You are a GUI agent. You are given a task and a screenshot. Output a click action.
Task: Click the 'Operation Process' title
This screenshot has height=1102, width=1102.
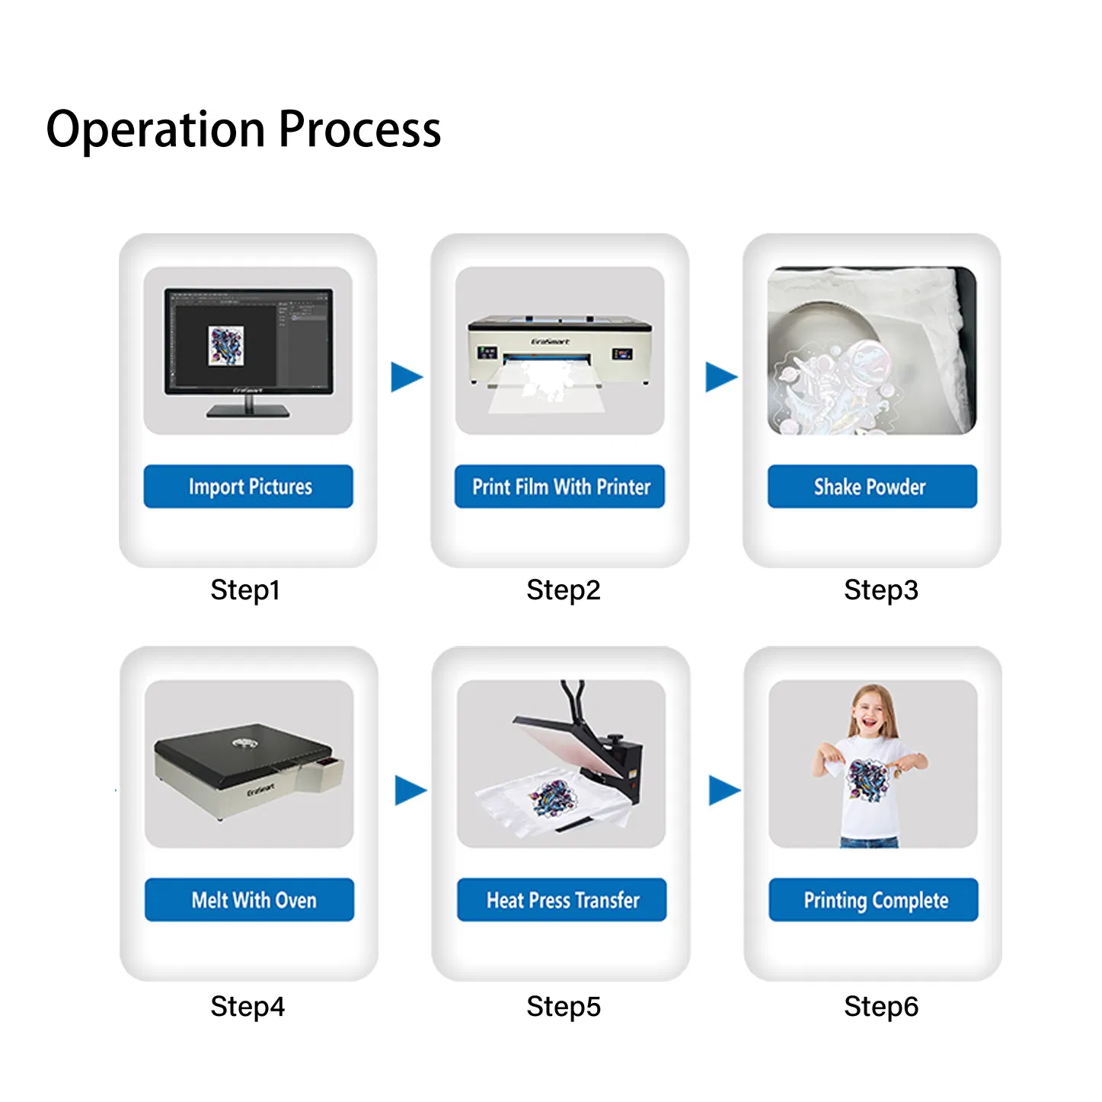coord(244,129)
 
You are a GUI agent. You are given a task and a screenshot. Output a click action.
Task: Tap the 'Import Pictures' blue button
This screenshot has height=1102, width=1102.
coord(248,486)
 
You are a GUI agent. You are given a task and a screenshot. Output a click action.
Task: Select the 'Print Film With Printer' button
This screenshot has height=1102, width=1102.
coord(560,486)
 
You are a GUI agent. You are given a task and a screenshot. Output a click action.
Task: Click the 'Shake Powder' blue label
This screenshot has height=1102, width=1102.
coord(872,486)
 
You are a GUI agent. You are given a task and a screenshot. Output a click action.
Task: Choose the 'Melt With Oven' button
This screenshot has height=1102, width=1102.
coord(250,899)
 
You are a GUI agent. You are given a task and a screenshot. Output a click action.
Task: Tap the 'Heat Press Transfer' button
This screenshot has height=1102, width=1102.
coord(562,899)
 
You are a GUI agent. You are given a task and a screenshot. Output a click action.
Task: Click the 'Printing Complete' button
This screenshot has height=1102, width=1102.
coord(874,899)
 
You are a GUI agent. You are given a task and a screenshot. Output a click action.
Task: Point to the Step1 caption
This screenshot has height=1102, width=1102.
coord(245,590)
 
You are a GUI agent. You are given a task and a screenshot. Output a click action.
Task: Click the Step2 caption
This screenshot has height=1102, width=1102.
coord(564,590)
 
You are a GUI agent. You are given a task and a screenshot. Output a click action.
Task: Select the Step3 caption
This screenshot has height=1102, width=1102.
coord(881,590)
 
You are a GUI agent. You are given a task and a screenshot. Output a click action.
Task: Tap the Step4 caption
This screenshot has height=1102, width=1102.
coord(248,1007)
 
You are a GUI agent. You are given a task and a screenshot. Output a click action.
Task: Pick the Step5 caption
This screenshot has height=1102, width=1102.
coord(564,1007)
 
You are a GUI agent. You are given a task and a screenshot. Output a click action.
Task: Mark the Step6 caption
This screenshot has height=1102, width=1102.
coord(881,1007)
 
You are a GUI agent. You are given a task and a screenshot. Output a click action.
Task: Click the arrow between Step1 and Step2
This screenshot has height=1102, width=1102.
coord(406,377)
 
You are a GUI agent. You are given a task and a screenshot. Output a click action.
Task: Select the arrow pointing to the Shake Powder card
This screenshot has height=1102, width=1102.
coord(720,377)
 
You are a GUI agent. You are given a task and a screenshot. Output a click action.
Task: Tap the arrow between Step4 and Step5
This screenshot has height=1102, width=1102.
coord(410,791)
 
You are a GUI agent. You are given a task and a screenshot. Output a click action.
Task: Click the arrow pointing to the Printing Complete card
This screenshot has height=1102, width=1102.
coord(723,791)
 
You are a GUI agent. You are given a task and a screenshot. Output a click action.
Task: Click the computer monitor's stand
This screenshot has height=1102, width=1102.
coord(248,407)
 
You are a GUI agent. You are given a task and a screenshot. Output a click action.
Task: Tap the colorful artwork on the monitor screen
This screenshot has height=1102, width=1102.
coord(226,345)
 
